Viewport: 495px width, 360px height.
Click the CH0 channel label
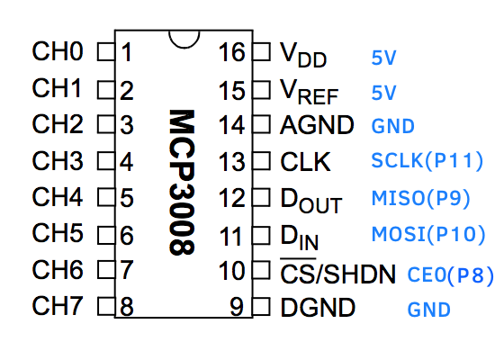(58, 51)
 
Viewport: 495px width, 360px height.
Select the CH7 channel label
(58, 306)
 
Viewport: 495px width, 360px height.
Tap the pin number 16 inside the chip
(231, 52)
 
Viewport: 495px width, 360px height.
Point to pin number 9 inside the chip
(237, 307)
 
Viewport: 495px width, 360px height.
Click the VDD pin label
(303, 55)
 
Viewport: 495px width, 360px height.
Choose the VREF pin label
(310, 92)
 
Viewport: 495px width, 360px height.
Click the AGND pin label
(317, 125)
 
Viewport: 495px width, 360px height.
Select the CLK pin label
(305, 162)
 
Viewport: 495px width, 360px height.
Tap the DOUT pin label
(311, 201)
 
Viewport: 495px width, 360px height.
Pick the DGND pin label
(318, 307)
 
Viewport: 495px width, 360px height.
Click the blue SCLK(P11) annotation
(427, 160)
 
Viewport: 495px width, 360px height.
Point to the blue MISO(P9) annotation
(421, 198)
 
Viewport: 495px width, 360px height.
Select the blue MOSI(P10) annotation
(428, 234)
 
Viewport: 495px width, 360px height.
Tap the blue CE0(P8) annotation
(451, 274)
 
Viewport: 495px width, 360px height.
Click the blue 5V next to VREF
(383, 93)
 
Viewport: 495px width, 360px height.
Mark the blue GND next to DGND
(428, 310)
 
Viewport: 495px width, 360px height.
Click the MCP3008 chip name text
(182, 182)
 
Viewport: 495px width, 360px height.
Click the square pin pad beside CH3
(106, 161)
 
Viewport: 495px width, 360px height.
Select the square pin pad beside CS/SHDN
(261, 270)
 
